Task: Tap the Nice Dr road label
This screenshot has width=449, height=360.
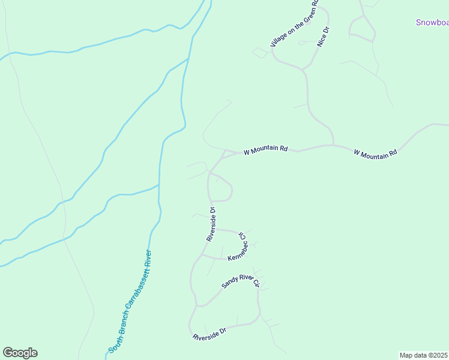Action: pyautogui.click(x=324, y=37)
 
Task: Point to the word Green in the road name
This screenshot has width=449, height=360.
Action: pyautogui.click(x=305, y=14)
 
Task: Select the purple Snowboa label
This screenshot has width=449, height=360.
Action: pyautogui.click(x=432, y=23)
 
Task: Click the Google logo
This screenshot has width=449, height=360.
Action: pyautogui.click(x=20, y=353)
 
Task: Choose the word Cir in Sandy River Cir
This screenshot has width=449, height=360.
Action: pyautogui.click(x=255, y=281)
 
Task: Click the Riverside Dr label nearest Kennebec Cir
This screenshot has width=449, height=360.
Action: pyautogui.click(x=211, y=224)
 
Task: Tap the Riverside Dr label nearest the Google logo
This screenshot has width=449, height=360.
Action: pyautogui.click(x=209, y=334)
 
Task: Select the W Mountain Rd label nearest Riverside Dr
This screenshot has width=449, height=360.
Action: pyautogui.click(x=265, y=149)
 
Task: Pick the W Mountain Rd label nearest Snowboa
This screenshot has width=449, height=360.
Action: pyautogui.click(x=375, y=154)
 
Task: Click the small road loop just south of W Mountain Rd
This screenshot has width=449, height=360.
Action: pyautogui.click(x=220, y=187)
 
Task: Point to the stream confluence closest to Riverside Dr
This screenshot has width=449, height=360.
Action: pyautogui.click(x=159, y=185)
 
